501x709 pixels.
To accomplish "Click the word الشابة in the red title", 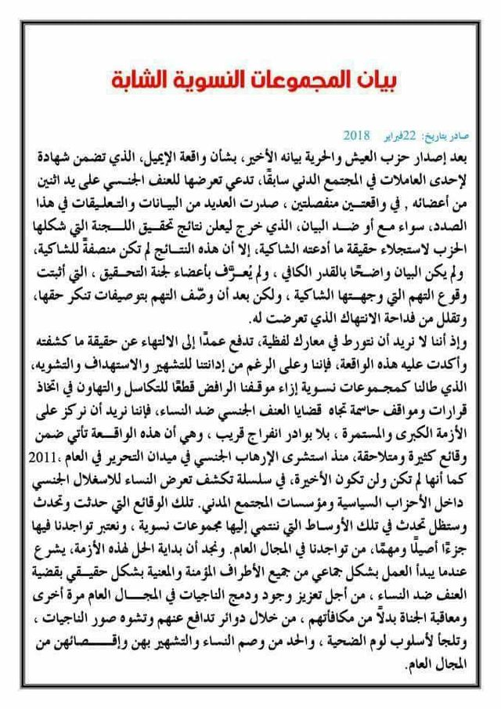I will pyautogui.click(x=138, y=80).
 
